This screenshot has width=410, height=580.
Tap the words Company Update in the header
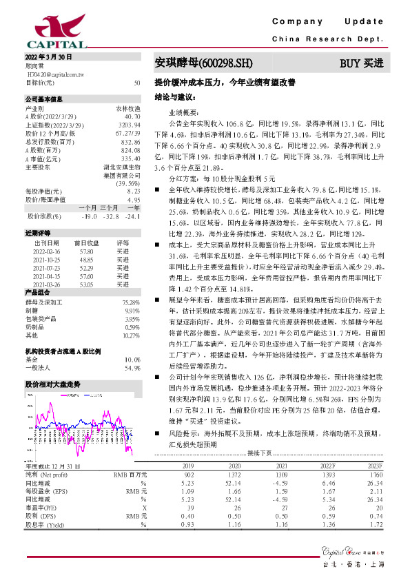tap(330, 22)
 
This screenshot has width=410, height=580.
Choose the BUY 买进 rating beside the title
tap(361, 63)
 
